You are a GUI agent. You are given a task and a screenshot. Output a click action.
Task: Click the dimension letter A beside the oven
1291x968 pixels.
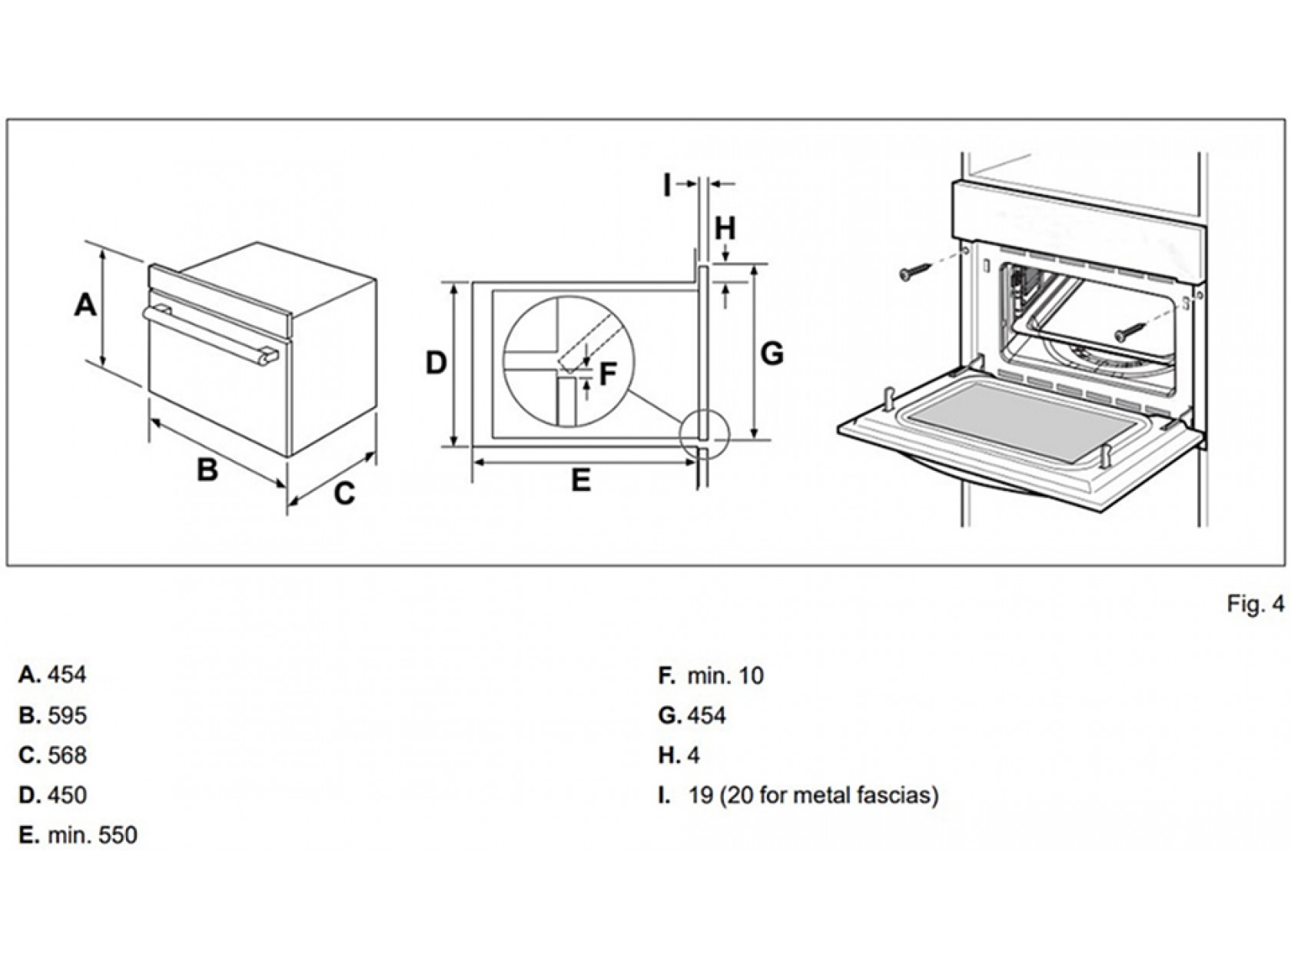point(85,305)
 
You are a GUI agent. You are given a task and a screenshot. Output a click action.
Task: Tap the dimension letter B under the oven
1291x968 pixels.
point(207,469)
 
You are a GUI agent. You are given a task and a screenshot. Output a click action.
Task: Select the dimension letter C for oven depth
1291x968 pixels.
point(344,493)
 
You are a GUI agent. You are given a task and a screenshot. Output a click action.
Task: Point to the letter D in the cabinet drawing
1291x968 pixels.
point(436,363)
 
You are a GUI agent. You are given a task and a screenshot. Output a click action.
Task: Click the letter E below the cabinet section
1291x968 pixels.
point(581,481)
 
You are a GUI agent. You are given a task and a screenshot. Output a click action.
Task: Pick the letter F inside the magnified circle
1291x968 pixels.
point(607,375)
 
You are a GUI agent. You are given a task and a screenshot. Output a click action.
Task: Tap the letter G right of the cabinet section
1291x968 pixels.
point(772,354)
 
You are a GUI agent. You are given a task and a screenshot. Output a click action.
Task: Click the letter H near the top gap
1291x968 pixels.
point(725,228)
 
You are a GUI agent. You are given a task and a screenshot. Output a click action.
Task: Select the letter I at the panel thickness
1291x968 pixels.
point(667,184)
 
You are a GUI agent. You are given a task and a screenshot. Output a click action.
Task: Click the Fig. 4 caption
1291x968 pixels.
point(1255,605)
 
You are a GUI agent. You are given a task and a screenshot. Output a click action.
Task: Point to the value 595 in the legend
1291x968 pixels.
point(67,715)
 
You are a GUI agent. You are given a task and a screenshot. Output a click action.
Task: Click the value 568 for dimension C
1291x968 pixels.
point(67,755)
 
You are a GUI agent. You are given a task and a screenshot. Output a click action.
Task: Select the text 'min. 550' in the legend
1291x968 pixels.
point(92,835)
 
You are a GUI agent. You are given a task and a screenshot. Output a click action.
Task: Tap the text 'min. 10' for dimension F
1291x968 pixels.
point(725,676)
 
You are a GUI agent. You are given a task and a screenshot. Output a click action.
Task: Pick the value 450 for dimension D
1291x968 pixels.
point(67,795)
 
